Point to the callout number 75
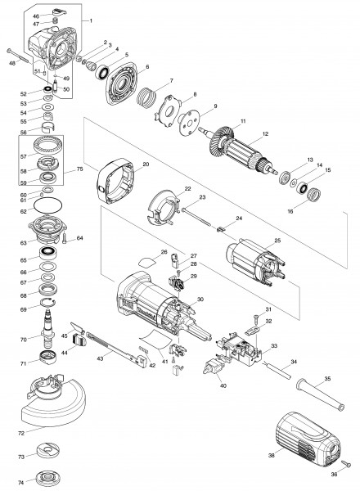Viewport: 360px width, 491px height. tap(79, 170)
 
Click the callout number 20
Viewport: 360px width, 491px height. tap(145, 164)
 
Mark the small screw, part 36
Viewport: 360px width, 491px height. tap(347, 464)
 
